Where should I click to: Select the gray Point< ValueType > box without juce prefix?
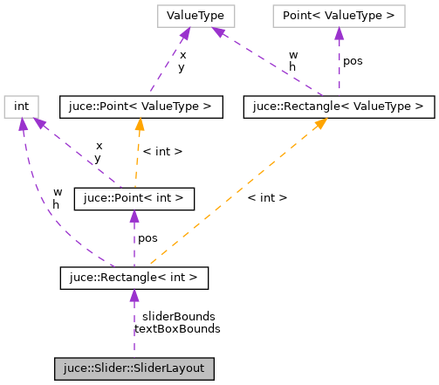pyautogui.click(x=339, y=15)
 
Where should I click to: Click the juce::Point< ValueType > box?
pyautogui.click(x=140, y=107)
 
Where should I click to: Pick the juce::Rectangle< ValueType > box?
pyautogui.click(x=339, y=107)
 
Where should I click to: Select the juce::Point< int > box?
pyautogui.click(x=134, y=197)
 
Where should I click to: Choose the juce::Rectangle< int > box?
pyautogui.click(x=134, y=278)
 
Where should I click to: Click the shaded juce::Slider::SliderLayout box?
pyautogui.click(x=134, y=368)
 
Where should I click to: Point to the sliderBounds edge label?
pyautogui.click(x=178, y=316)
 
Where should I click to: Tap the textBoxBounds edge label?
pyautogui.click(x=178, y=329)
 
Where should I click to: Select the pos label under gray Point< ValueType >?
pyautogui.click(x=353, y=61)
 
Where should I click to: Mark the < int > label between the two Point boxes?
pyautogui.click(x=161, y=152)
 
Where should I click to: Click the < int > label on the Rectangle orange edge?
pyautogui.click(x=267, y=198)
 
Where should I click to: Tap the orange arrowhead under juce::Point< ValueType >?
pyautogui.click(x=138, y=125)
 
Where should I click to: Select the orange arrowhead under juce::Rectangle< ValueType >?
pyautogui.click(x=321, y=125)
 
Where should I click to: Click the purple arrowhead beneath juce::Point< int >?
pyautogui.click(x=134, y=216)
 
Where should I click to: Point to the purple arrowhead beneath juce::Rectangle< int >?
pyautogui.click(x=134, y=297)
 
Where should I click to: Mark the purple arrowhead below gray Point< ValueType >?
pyautogui.click(x=339, y=33)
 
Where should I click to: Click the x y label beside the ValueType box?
pyautogui.click(x=182, y=61)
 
